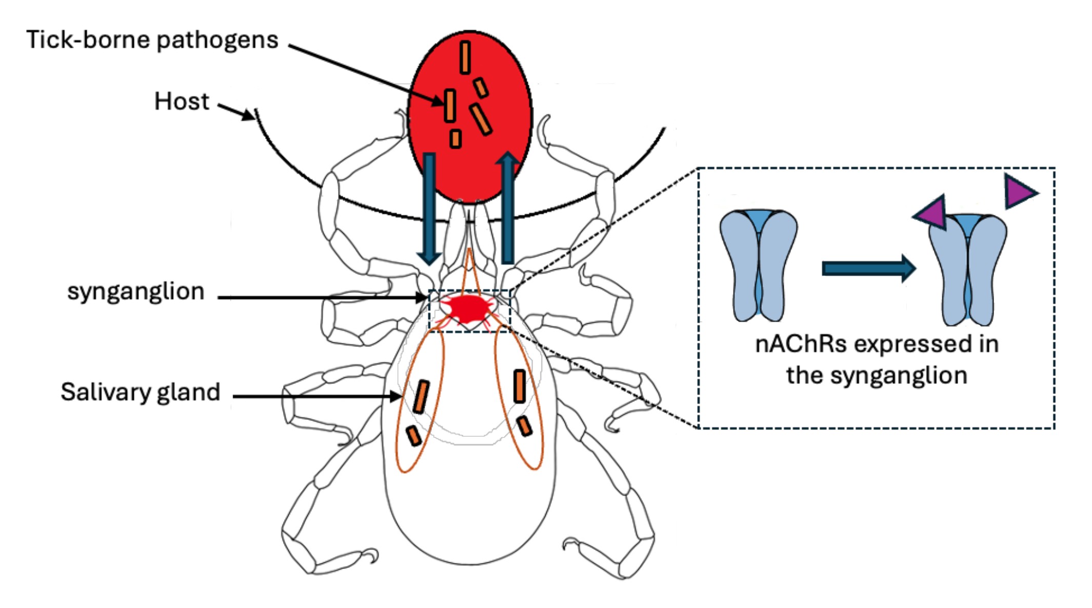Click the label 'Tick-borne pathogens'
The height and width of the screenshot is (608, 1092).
(152, 40)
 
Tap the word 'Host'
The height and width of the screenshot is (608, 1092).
(182, 102)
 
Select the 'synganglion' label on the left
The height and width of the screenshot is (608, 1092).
(136, 291)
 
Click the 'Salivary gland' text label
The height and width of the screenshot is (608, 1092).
(141, 392)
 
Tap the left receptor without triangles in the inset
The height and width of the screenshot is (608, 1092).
(759, 264)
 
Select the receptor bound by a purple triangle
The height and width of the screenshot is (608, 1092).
(967, 269)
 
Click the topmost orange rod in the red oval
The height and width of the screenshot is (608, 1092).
(465, 57)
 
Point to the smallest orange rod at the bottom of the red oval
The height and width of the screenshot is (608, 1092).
(455, 139)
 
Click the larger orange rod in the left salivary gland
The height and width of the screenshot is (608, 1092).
(421, 397)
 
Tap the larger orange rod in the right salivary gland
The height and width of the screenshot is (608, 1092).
(520, 386)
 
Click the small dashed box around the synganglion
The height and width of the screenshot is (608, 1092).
(429, 311)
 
